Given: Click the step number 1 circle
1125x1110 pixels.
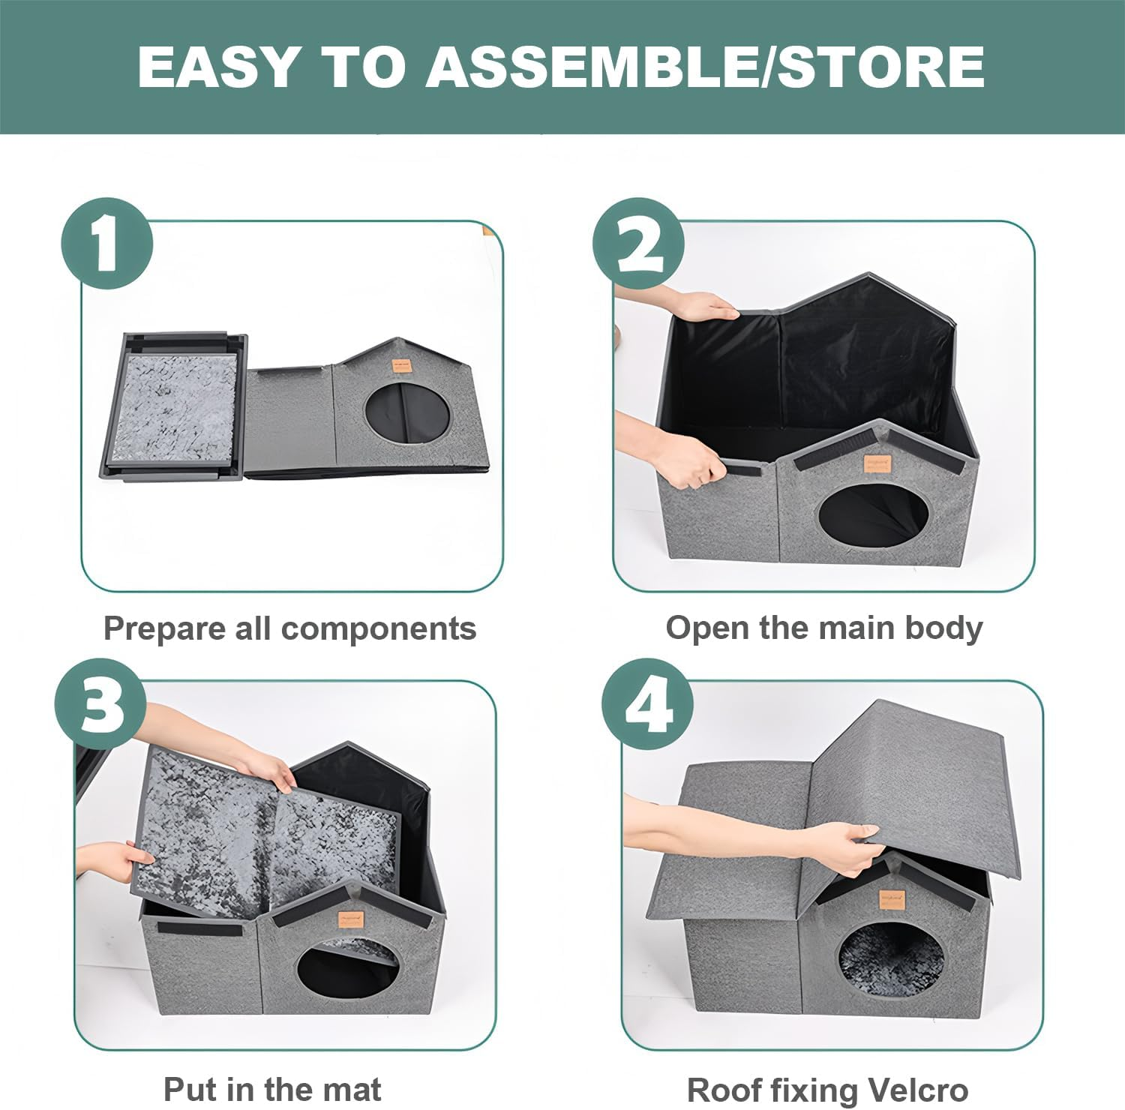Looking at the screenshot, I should (x=106, y=243).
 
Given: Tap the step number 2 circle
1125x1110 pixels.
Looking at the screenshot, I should (x=638, y=243).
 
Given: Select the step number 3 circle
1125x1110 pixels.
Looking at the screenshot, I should (x=100, y=704).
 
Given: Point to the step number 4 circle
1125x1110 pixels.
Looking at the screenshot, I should (x=648, y=704).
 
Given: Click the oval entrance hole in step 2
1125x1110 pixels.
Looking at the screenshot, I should (x=872, y=518).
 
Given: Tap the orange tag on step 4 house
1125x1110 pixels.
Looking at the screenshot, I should (x=890, y=899).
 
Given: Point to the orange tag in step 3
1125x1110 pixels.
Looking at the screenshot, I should (x=349, y=919).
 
